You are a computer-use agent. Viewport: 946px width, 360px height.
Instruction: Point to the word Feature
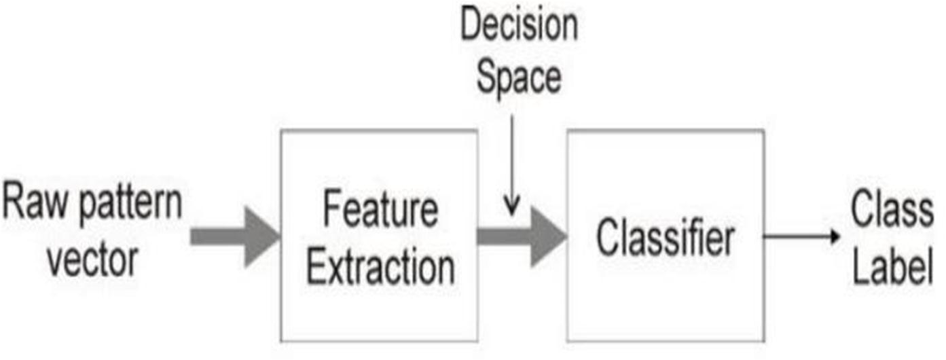pyautogui.click(x=379, y=211)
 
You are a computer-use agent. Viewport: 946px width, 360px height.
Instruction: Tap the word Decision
pyautogui.click(x=519, y=26)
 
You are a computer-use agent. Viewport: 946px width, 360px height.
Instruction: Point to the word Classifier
pyautogui.click(x=666, y=238)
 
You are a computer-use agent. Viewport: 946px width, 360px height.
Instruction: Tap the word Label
pyautogui.click(x=892, y=266)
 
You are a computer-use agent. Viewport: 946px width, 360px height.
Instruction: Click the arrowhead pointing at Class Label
pyautogui.click(x=833, y=236)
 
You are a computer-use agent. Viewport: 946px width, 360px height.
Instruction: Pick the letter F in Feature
pyautogui.click(x=331, y=211)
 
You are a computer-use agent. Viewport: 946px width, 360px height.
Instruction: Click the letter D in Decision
pyautogui.click(x=471, y=26)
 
